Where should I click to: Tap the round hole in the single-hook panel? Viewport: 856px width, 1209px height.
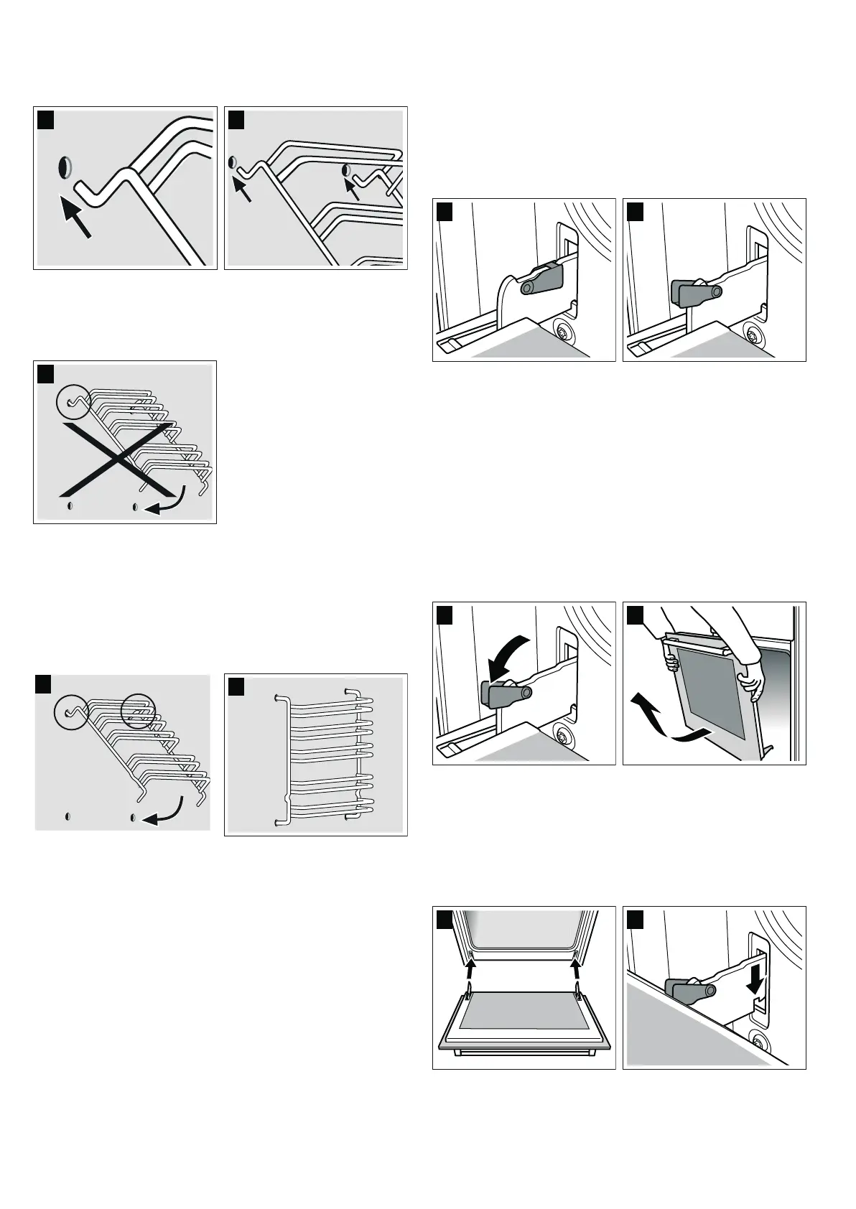click(65, 168)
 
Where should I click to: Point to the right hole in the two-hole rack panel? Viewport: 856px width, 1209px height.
click(346, 169)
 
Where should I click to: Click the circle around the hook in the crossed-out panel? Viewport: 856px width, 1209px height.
click(73, 401)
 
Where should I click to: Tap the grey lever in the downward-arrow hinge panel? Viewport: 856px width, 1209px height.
click(689, 994)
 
